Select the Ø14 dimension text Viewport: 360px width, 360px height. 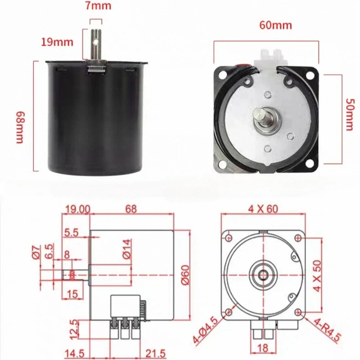pos(127,247)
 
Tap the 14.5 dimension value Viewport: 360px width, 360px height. pos(75,354)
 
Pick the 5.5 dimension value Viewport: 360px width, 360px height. pos(72,233)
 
